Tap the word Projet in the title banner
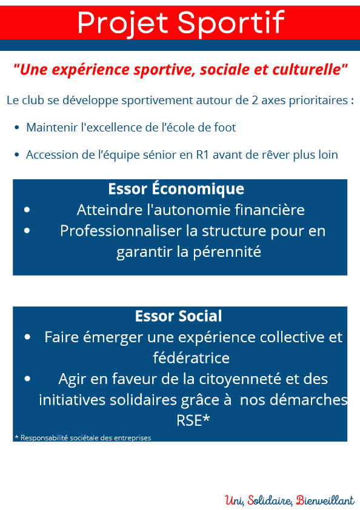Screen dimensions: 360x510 pos(124,23)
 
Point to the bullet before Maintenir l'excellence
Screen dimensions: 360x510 pos(17,128)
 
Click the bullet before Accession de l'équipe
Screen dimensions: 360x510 pos(17,155)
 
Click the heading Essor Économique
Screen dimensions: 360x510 pos(176,188)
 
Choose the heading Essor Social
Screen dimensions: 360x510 pos(179,316)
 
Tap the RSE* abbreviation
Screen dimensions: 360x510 pos(193,420)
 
